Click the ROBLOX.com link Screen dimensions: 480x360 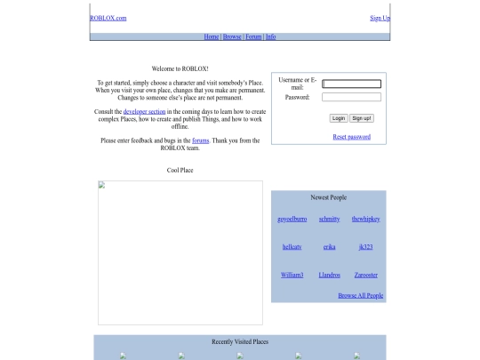[x=108, y=18]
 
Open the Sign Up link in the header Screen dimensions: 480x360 [x=380, y=18]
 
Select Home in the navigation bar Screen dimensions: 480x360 [x=212, y=36]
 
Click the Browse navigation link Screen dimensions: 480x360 [x=232, y=36]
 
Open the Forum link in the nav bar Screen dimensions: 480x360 [x=253, y=36]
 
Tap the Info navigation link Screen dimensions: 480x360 [x=270, y=36]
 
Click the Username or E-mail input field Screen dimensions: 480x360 [x=351, y=84]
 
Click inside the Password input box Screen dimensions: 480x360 [x=351, y=97]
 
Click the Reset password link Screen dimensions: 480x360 [x=352, y=137]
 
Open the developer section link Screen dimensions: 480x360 [x=144, y=111]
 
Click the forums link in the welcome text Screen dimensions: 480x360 [x=201, y=140]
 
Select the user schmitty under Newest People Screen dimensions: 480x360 [x=330, y=219]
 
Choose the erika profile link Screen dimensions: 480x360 [x=330, y=247]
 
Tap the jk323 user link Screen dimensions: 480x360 [x=366, y=247]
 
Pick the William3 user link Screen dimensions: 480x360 [x=292, y=275]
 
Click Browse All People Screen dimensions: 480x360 [x=361, y=295]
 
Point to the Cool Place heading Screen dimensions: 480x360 [x=180, y=170]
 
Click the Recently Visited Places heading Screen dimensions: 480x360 [x=240, y=341]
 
